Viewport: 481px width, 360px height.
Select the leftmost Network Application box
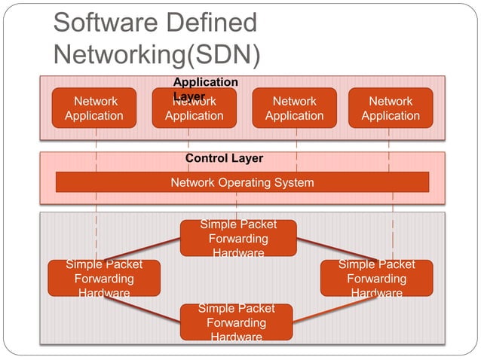pos(94,108)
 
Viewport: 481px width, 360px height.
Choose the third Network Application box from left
pos(294,108)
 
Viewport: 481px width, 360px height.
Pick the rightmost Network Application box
pos(391,108)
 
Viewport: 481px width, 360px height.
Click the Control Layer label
pos(224,159)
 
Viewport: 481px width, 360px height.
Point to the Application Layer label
pos(205,82)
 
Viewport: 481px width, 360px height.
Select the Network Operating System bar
pos(242,182)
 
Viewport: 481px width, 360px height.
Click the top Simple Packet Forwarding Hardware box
pos(238,238)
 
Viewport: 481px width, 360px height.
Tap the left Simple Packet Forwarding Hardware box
pos(104,278)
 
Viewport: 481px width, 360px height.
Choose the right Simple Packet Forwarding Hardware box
pos(376,278)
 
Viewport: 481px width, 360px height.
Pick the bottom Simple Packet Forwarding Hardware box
pos(236,322)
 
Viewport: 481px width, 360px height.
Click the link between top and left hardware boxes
pos(143,249)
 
